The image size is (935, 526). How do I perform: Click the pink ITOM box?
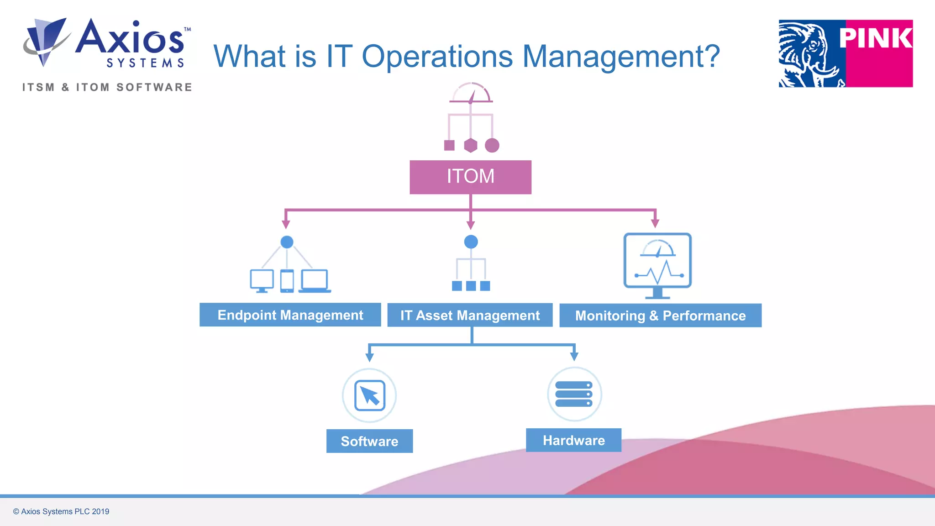coord(470,177)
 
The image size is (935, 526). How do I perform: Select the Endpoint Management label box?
coord(290,315)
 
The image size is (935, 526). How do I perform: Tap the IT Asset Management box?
coord(470,315)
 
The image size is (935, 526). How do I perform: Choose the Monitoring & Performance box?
coord(660,316)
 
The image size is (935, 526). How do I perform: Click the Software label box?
coord(369,441)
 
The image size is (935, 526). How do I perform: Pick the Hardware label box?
coord(573,440)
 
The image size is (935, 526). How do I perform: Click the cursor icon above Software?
coord(370,395)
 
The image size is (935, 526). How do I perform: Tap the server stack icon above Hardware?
coord(574,394)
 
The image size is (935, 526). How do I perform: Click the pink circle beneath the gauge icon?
coord(492,146)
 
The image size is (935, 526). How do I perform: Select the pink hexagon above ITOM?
coord(470,146)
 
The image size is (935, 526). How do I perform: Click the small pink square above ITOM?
coord(449,146)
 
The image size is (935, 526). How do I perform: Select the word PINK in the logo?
coord(876,38)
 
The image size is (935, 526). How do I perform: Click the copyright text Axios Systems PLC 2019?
coord(61,511)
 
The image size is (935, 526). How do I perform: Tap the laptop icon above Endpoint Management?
coord(315,281)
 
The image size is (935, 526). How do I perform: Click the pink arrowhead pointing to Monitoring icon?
coord(655,223)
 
